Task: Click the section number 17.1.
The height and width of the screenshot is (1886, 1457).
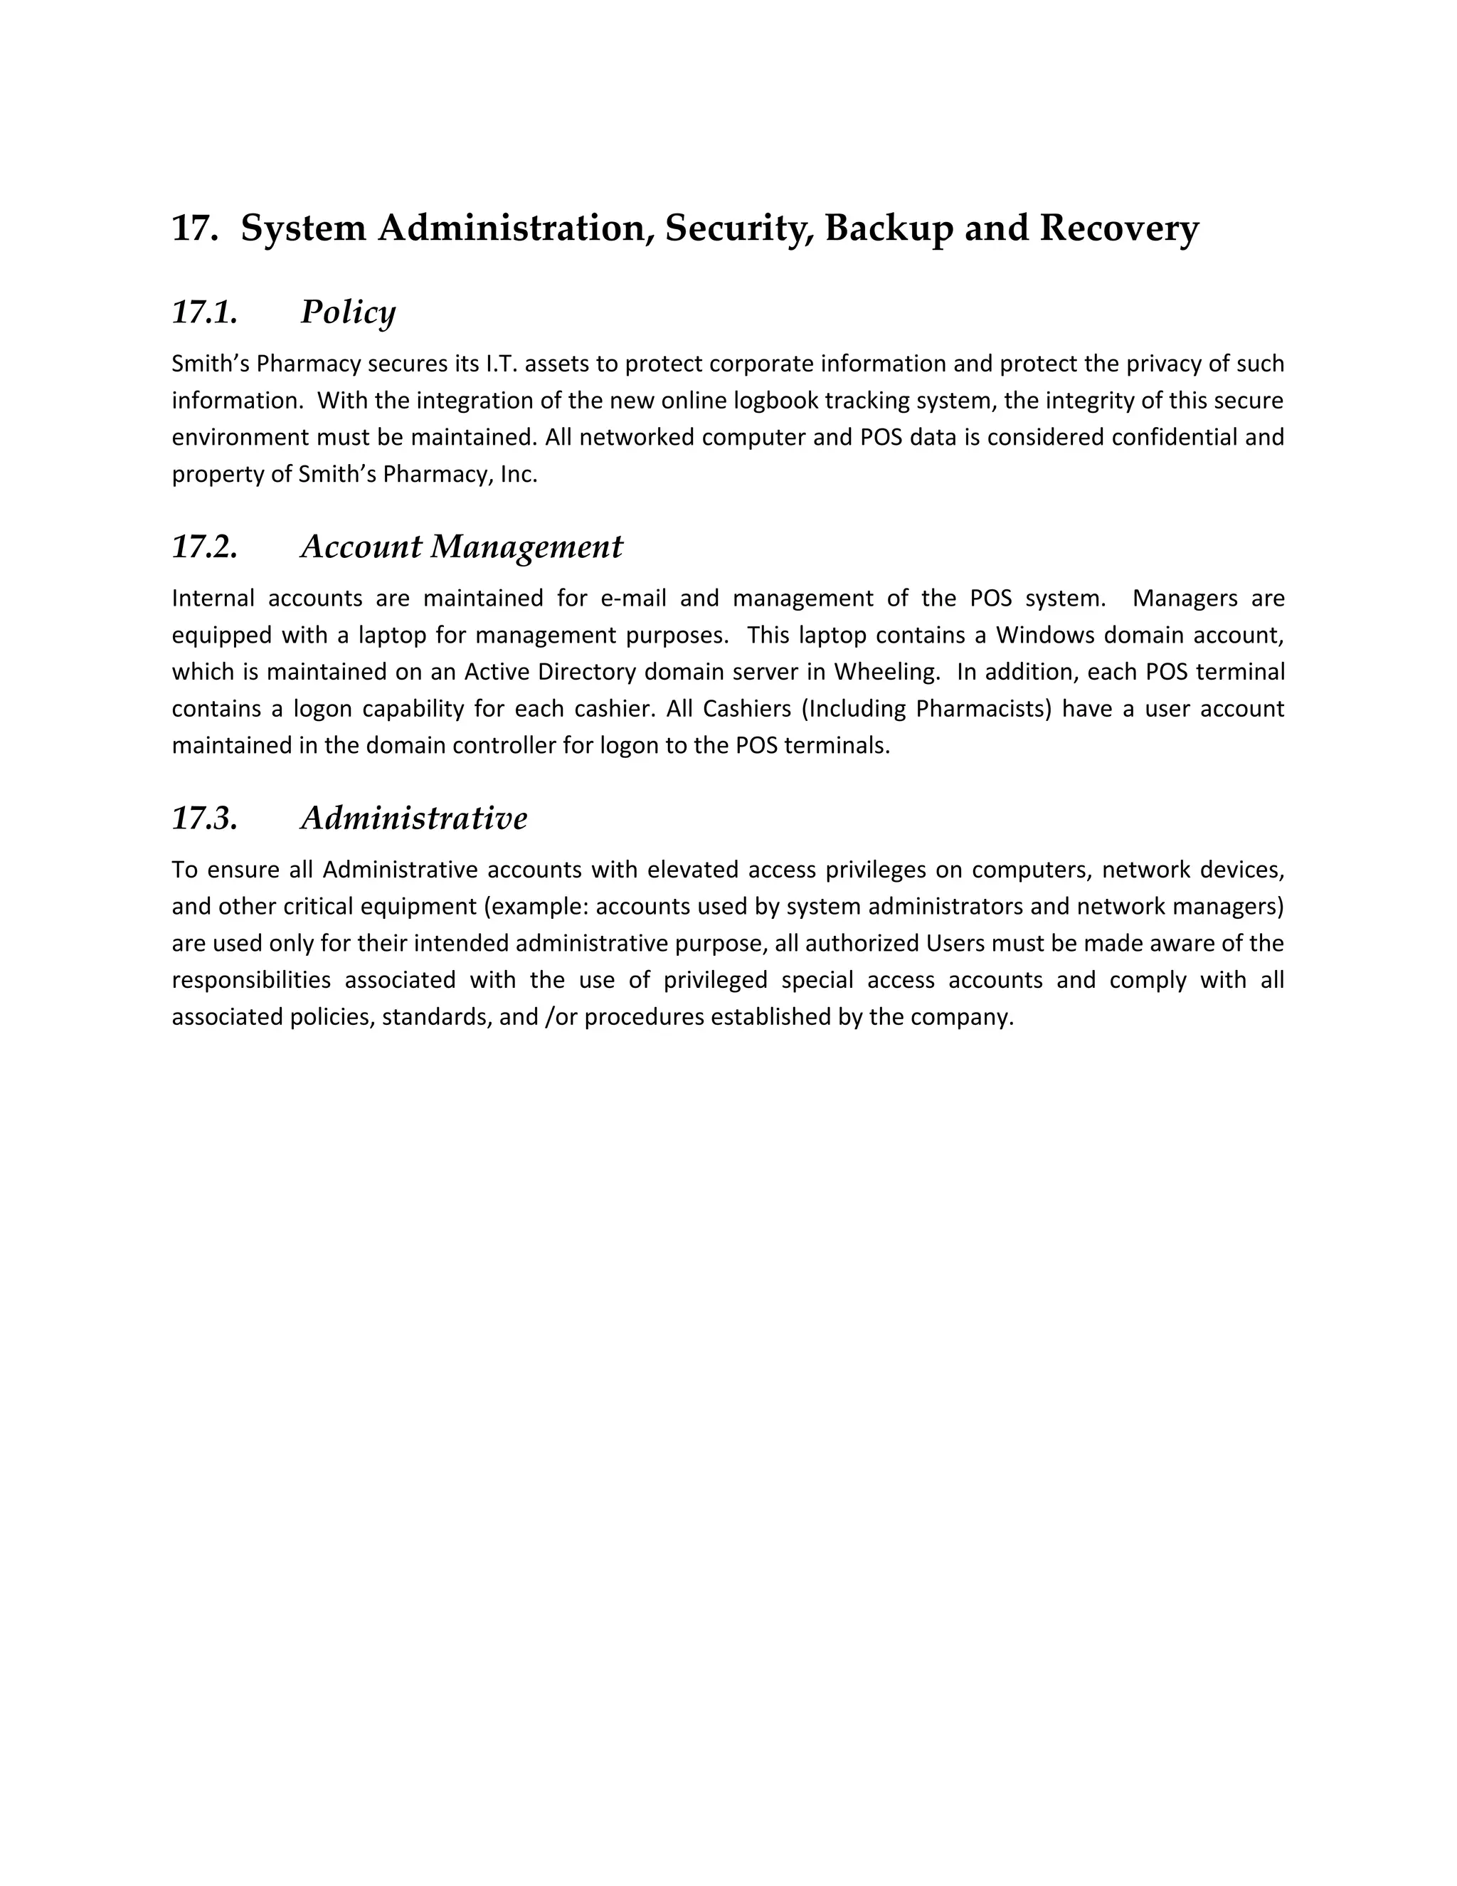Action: (x=205, y=312)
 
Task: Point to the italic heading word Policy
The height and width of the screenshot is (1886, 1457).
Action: (x=348, y=312)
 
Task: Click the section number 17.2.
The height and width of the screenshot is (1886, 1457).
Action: (x=205, y=547)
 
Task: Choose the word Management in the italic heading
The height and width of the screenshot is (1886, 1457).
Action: (x=526, y=547)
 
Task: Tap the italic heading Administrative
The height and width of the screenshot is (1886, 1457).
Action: (x=413, y=818)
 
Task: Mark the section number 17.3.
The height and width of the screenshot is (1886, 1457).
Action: (x=205, y=818)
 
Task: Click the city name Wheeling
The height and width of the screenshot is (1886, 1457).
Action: (x=886, y=672)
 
